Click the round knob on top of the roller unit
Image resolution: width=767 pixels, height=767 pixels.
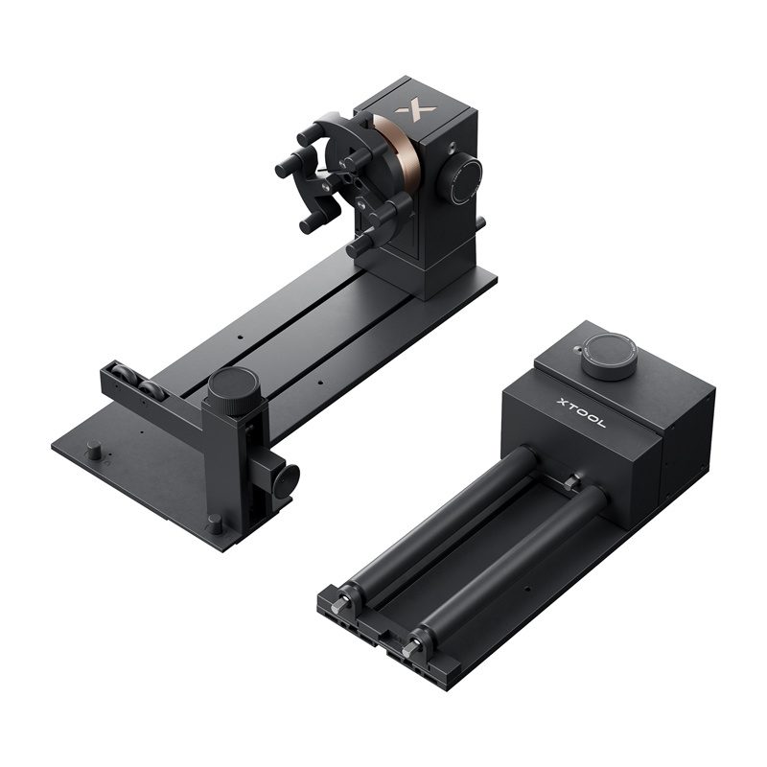[x=608, y=356]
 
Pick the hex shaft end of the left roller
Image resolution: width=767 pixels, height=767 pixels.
[x=343, y=602]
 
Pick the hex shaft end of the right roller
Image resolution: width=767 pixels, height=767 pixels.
[x=412, y=648]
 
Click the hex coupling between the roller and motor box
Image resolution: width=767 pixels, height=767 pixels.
[x=572, y=483]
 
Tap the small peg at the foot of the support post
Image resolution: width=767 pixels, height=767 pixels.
[x=215, y=524]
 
